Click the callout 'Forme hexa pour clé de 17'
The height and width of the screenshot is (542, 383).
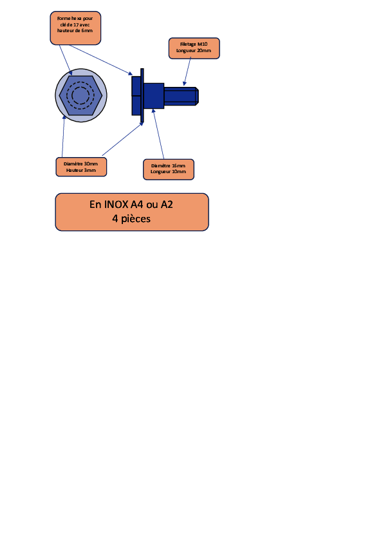click(x=75, y=28)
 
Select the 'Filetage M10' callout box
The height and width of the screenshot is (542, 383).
click(x=194, y=48)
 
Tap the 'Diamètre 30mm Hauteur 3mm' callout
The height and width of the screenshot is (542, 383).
click(x=81, y=167)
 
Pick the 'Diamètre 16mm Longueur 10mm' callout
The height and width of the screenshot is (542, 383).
click(x=169, y=169)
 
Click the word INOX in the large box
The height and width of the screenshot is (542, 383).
click(x=116, y=204)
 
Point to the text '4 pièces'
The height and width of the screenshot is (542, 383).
click(x=131, y=219)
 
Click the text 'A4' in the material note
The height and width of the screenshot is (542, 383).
click(x=136, y=204)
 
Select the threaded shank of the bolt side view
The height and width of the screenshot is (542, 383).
click(x=181, y=96)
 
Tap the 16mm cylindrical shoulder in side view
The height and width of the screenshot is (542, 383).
click(x=154, y=96)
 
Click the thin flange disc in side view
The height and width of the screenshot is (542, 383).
click(x=142, y=95)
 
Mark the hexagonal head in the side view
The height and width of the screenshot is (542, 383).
click(x=136, y=96)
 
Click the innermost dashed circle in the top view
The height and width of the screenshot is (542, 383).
click(x=80, y=95)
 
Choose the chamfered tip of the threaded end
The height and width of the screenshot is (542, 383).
click(x=197, y=96)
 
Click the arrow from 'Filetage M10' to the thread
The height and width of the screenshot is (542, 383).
click(x=187, y=71)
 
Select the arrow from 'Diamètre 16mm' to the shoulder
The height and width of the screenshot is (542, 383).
click(x=158, y=134)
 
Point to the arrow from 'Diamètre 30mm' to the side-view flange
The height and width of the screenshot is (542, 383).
click(x=123, y=139)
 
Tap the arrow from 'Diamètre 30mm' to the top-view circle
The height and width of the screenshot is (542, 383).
click(x=63, y=136)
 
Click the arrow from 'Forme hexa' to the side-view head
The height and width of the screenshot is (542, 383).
click(x=100, y=60)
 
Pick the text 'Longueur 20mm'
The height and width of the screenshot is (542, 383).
click(x=194, y=50)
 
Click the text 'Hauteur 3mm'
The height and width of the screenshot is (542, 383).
click(x=81, y=170)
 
